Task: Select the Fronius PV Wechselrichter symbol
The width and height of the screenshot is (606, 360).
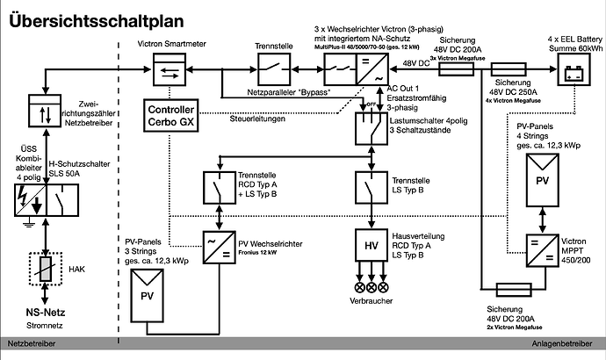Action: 213,243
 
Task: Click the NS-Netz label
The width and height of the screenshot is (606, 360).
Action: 43,313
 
